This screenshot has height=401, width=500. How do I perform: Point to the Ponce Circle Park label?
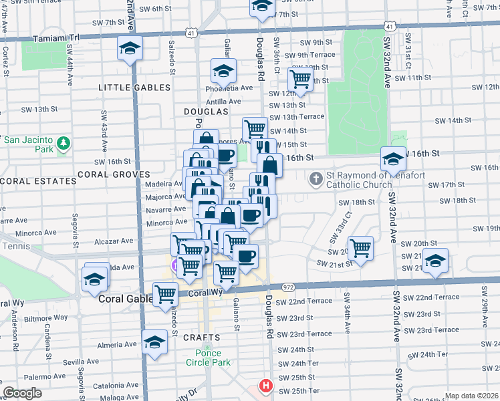click(209, 358)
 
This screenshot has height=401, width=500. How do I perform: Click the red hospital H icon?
click(266, 386)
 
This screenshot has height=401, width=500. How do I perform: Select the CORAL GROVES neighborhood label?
click(108, 174)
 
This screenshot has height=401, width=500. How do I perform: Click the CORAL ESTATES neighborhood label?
click(38, 181)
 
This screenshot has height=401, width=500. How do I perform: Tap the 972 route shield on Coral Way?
click(288, 286)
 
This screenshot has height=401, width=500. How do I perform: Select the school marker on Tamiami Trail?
click(130, 49)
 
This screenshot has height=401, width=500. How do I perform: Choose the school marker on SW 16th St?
click(393, 159)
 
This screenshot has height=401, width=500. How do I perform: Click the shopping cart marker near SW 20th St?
click(360, 248)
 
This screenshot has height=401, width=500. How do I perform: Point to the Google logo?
click(23, 393)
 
